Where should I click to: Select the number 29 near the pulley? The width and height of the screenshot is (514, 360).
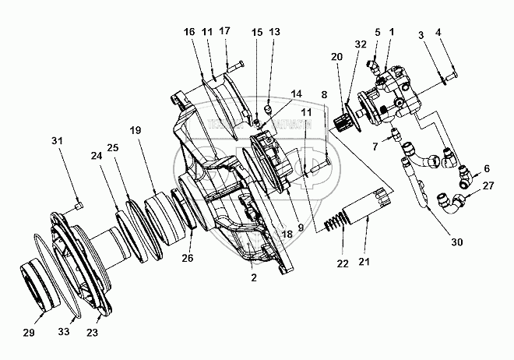coord(30,333)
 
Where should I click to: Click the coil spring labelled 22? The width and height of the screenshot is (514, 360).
coord(336,224)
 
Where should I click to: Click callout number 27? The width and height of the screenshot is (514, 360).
coord(488,186)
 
